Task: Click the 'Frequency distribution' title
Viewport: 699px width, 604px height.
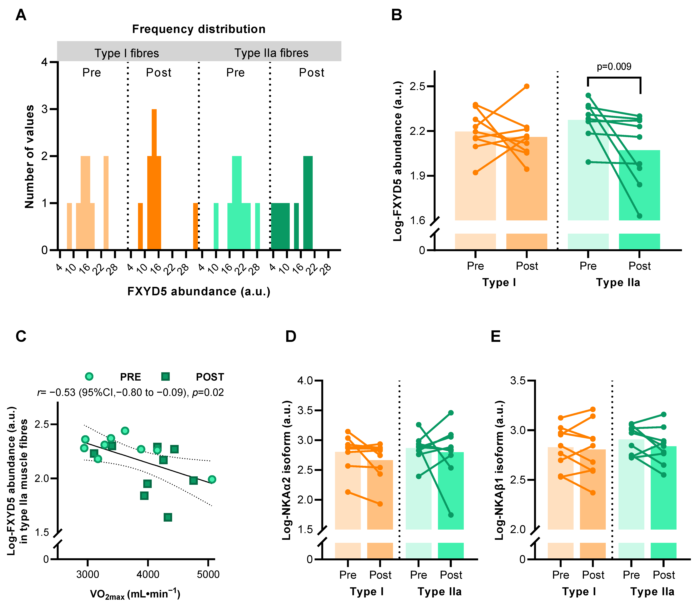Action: (x=199, y=29)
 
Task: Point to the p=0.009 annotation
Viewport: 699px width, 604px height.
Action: (x=614, y=66)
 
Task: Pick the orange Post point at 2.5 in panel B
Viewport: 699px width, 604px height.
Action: (x=527, y=86)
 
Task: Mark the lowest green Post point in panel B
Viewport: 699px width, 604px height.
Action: (x=640, y=216)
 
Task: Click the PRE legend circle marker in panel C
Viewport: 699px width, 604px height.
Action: (x=89, y=376)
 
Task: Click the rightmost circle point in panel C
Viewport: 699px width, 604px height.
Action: (x=212, y=479)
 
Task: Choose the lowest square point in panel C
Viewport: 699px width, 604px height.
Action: (x=168, y=517)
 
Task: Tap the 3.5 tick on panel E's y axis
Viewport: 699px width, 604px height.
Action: (x=518, y=381)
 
